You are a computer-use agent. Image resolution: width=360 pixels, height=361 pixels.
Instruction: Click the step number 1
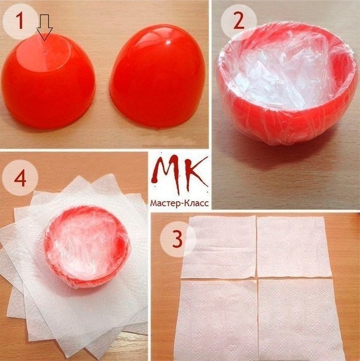coord(20,21)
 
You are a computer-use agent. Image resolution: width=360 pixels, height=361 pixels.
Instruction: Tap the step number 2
coord(239,21)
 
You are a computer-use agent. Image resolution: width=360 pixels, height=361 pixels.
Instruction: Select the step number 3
coord(177,239)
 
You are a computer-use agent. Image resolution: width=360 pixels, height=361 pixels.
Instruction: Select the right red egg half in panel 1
coord(158,76)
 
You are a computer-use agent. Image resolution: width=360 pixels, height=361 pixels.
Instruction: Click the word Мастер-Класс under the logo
coord(180,203)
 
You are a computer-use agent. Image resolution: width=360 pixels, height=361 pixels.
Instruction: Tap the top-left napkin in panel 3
coord(220,247)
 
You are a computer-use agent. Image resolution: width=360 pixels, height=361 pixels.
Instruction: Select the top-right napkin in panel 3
coord(294,247)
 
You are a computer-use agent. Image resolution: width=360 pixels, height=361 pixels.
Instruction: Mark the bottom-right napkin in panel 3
coord(300,320)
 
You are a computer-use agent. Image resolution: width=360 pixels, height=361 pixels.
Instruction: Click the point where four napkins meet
coord(257,278)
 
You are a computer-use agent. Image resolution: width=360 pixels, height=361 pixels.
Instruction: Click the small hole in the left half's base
coord(45,51)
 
